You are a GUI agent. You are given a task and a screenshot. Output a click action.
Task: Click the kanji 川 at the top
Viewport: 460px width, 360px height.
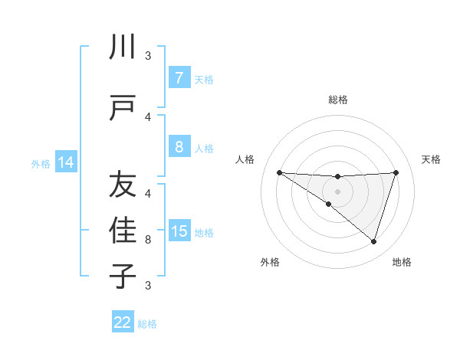(x=123, y=47)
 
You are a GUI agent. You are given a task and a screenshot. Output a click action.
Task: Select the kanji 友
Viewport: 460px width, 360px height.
(x=123, y=185)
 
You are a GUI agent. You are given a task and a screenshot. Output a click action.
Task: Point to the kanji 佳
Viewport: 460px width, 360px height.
(x=123, y=231)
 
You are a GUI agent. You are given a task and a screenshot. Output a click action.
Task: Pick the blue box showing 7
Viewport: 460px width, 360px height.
(x=179, y=78)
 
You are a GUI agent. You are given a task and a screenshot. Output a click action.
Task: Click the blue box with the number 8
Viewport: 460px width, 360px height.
(x=179, y=147)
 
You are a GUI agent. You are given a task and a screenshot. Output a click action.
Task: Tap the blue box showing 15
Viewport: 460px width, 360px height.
(x=179, y=232)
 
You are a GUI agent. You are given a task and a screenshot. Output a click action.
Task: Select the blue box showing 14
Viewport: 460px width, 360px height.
(x=65, y=162)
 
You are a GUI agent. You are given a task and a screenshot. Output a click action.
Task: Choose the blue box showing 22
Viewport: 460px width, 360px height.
(x=123, y=322)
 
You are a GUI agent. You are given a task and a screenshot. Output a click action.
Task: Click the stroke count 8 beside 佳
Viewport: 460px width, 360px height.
(x=148, y=240)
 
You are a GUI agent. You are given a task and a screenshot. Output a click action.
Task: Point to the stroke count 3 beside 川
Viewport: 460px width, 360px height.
(x=148, y=56)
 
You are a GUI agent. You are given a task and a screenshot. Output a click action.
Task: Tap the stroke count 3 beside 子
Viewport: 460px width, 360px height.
(x=148, y=286)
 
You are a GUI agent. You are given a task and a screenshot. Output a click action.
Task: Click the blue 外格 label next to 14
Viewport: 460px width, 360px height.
(x=41, y=163)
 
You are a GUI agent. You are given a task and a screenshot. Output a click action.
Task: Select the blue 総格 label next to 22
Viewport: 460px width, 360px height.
(x=147, y=324)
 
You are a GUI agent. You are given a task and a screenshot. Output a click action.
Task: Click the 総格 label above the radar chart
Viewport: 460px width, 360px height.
(x=337, y=100)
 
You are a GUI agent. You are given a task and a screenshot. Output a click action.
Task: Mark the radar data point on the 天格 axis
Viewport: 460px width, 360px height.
(x=396, y=172)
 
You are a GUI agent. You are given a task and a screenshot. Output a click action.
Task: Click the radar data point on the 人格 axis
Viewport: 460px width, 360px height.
(x=279, y=172)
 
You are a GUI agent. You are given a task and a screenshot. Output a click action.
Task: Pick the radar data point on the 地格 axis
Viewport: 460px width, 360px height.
(x=373, y=241)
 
